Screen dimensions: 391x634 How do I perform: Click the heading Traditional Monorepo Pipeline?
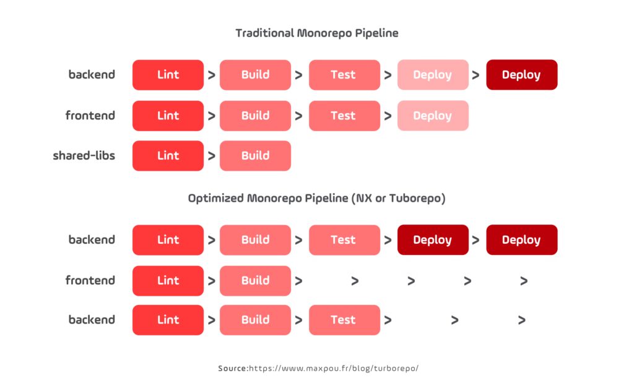point(316,33)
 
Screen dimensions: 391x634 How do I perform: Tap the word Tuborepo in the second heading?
point(419,199)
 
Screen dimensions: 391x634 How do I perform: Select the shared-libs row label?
point(84,155)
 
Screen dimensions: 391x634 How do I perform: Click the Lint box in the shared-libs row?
point(168,156)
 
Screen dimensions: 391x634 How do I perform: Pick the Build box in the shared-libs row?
point(255,156)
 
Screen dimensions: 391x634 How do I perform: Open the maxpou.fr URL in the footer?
point(334,368)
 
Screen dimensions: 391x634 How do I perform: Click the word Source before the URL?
point(232,368)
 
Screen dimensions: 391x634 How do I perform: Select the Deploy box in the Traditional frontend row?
point(432,116)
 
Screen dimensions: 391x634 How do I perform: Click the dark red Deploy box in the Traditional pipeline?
point(521,75)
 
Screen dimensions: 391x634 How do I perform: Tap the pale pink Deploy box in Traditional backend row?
point(432,75)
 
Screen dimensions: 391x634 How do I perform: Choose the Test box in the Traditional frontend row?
point(344,116)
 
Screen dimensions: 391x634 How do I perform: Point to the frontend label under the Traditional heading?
point(90,115)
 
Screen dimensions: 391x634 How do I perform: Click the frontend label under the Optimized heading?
point(90,280)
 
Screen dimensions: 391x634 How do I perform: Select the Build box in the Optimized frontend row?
point(255,281)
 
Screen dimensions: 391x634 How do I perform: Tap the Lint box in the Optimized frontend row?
point(168,281)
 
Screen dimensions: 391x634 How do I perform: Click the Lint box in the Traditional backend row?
point(168,75)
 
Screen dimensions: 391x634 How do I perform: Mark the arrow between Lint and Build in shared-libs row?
point(212,157)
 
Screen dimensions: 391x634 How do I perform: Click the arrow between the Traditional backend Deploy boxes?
point(476,75)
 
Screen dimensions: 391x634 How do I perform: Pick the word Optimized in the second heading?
point(215,199)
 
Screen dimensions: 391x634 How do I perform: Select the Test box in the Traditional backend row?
point(344,75)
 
